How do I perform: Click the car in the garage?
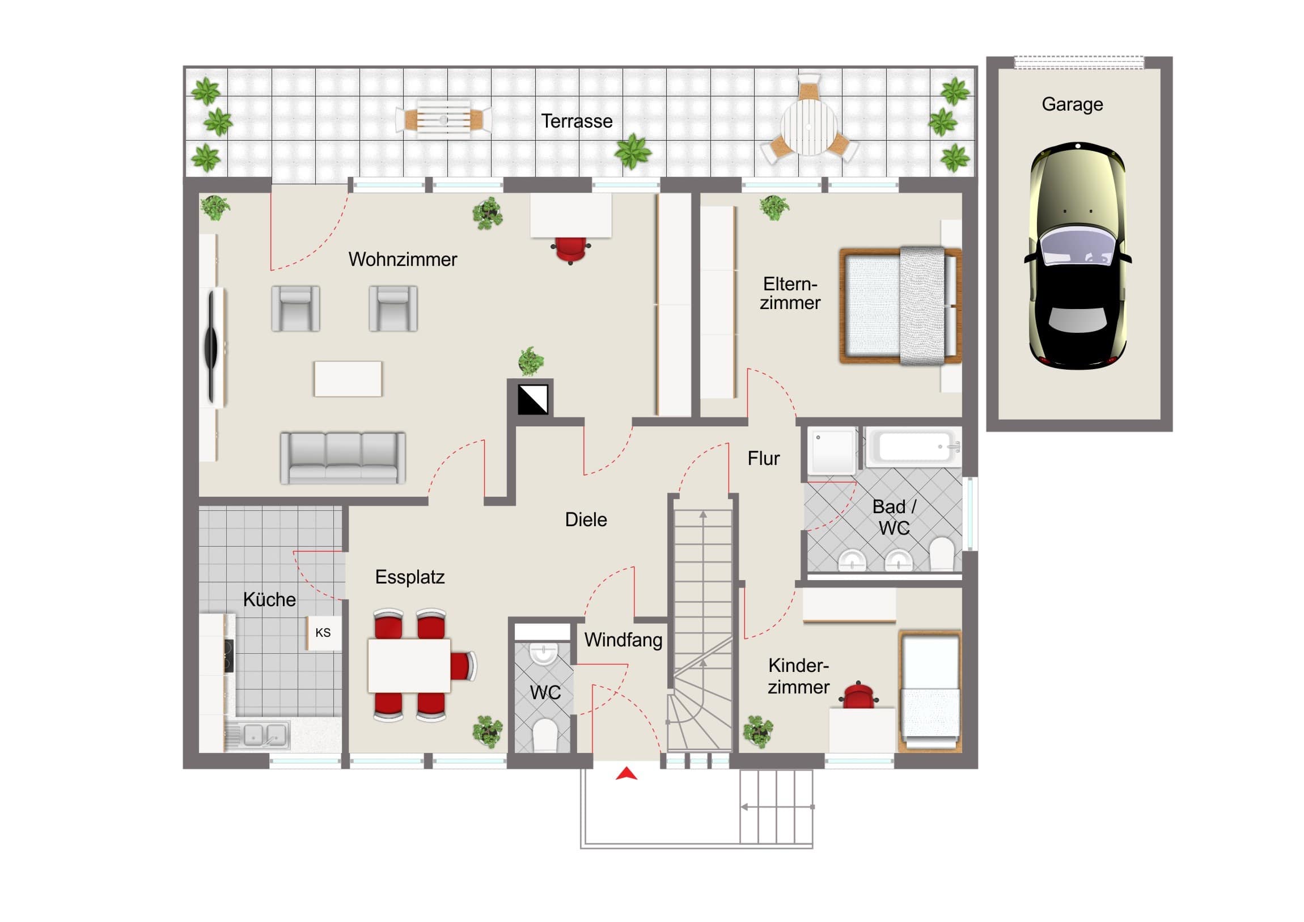[1077, 256]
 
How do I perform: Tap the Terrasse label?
[577, 121]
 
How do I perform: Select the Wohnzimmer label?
[403, 259]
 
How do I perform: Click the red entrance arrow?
[626, 773]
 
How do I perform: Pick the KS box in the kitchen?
[324, 633]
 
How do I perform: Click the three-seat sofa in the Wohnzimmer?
[342, 458]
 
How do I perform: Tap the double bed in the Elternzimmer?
[900, 306]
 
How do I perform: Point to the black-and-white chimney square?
[533, 399]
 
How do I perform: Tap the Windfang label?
[623, 640]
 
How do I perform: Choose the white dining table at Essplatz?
[409, 666]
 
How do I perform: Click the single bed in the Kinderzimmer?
[930, 691]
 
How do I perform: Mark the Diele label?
[586, 519]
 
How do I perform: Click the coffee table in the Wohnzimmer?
[348, 378]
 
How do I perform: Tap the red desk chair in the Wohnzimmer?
[570, 250]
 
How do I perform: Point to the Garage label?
[1072, 104]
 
